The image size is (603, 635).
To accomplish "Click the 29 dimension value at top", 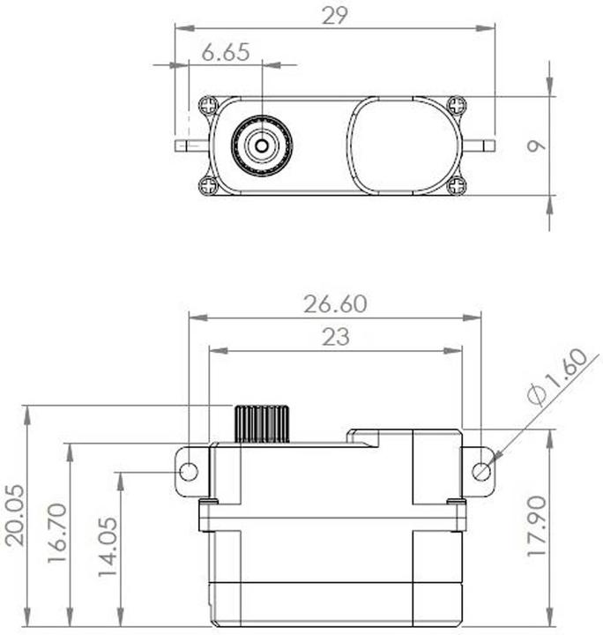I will [336, 15].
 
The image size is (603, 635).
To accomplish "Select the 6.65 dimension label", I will [225, 52].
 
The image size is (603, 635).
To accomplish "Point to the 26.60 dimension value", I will [335, 304].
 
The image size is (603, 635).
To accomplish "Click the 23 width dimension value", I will [335, 337].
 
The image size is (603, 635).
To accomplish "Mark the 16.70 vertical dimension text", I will [58, 534].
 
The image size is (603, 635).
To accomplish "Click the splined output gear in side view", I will [262, 424].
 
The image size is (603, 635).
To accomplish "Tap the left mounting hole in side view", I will [188, 472].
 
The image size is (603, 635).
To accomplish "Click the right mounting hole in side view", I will [481, 472].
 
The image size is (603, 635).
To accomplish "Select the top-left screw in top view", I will [208, 105].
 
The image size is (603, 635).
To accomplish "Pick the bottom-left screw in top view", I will [208, 185].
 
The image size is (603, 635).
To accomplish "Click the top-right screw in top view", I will [456, 105].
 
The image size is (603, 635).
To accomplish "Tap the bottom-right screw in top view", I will [456, 185].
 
